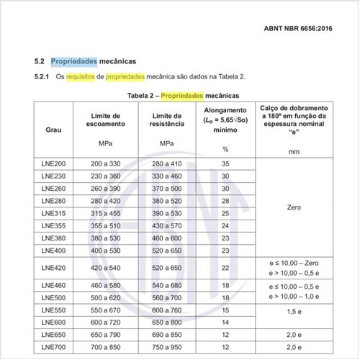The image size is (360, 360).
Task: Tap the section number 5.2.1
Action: pos(44,76)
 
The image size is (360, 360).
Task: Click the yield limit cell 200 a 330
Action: pos(106,164)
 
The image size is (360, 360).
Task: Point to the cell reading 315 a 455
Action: pos(106,213)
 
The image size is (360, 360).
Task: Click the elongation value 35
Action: pos(225,164)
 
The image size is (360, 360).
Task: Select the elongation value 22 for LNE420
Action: pos(225,268)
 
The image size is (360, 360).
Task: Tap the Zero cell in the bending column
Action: pos(293,207)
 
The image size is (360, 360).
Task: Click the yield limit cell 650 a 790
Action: pos(106,336)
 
